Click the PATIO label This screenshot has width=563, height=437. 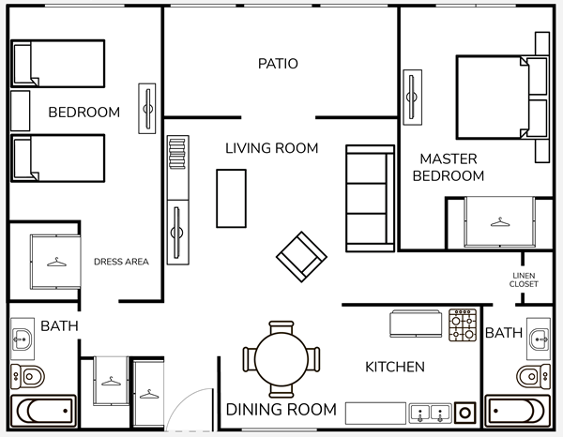[278, 64]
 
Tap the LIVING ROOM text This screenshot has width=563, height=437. [272, 148]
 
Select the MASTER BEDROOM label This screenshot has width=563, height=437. [449, 167]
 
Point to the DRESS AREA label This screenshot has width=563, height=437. [121, 262]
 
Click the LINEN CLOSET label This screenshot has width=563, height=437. [524, 279]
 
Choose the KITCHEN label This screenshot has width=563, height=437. [395, 367]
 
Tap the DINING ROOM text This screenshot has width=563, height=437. [281, 410]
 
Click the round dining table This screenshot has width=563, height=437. [281, 359]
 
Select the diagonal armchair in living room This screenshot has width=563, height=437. [301, 257]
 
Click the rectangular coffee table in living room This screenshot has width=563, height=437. [231, 199]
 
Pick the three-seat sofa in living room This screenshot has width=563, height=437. [371, 199]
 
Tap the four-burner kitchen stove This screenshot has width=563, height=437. [463, 324]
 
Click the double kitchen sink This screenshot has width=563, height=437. [430, 414]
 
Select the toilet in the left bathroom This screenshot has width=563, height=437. [27, 376]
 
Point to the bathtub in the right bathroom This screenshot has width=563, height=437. [517, 411]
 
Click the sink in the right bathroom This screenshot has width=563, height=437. [539, 339]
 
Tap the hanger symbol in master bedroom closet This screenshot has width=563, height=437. [500, 222]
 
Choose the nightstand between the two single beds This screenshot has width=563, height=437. [20, 111]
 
